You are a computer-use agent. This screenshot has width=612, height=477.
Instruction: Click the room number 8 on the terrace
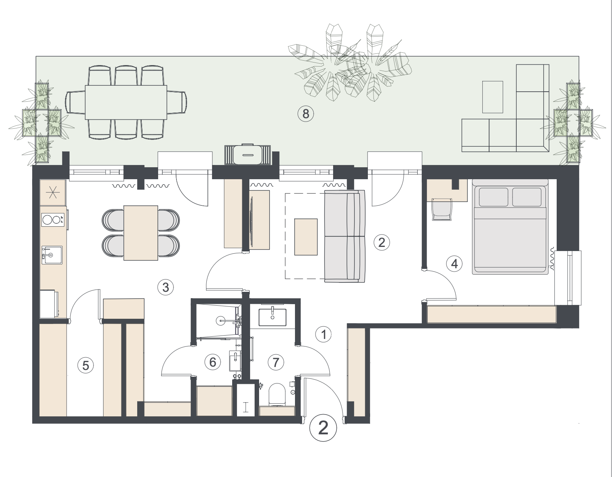pyautogui.click(x=305, y=114)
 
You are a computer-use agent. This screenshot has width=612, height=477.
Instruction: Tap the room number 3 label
pyautogui.click(x=166, y=287)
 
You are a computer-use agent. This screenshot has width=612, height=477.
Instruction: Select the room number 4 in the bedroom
pyautogui.click(x=454, y=264)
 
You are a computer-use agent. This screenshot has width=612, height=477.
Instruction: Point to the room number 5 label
pyautogui.click(x=86, y=366)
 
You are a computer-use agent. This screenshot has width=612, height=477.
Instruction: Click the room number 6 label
pyautogui.click(x=213, y=362)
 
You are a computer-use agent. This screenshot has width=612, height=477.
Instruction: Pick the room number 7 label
pyautogui.click(x=276, y=362)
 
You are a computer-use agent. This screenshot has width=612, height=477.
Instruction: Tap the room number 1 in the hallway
pyautogui.click(x=323, y=335)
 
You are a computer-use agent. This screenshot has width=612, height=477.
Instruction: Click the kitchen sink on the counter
pyautogui.click(x=52, y=255)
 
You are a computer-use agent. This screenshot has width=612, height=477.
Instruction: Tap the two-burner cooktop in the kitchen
pyautogui.click(x=53, y=220)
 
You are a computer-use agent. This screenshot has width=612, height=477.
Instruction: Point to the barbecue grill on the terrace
pyautogui.click(x=247, y=155)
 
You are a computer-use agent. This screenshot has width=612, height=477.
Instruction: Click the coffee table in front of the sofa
pyautogui.click(x=306, y=237)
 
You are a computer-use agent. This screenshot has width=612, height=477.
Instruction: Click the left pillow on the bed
pyautogui.click(x=493, y=197)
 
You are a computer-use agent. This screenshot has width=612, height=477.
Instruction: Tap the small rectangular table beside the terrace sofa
pyautogui.click(x=493, y=97)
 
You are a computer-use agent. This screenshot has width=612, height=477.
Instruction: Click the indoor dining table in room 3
pyautogui.click(x=141, y=233)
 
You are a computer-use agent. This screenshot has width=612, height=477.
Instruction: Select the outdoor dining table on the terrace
pyautogui.click(x=126, y=103)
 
